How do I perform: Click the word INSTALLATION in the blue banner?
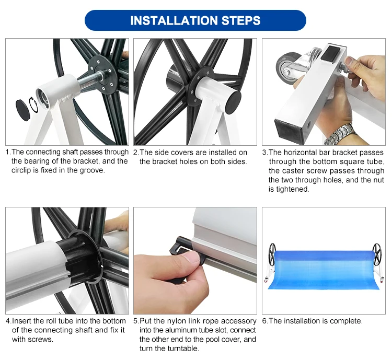coord(174,20)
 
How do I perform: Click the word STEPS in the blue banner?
coord(241,20)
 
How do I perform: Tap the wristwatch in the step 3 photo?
coord(341,134)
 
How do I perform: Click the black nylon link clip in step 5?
coord(181,247)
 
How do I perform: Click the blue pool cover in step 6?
coord(324,270)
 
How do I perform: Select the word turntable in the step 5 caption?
coord(181,349)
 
